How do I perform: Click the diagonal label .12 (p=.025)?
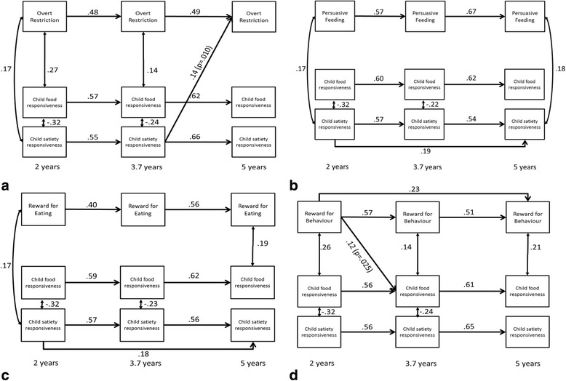click(x=363, y=253)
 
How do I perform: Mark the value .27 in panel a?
click(x=53, y=71)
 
